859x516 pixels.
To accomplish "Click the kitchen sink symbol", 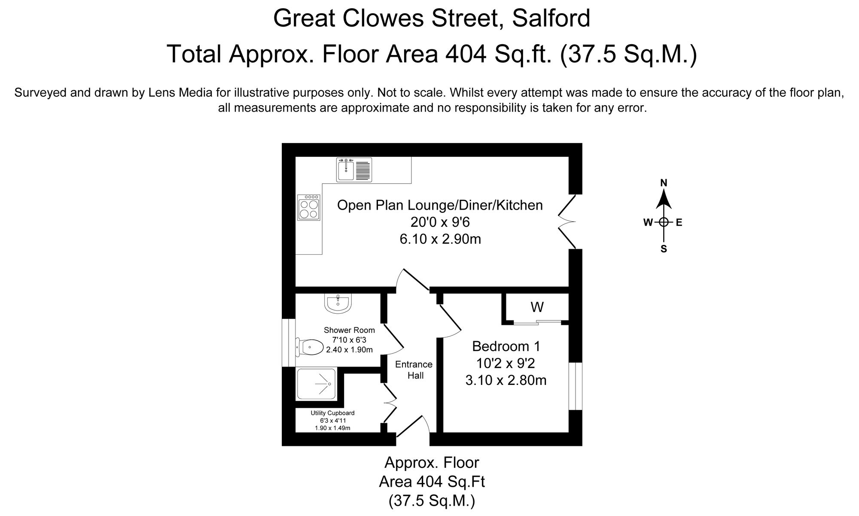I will point(354,170).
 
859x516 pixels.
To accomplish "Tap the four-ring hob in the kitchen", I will point(308,208).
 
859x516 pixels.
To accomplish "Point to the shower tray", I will point(317,384).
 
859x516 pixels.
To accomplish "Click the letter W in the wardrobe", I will point(537,307).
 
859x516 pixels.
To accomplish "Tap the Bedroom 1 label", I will point(506,346).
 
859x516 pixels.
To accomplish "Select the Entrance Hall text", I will point(414,370).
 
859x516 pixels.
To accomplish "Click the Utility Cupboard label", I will point(332,413).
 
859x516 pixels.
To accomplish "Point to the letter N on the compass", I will point(664,183).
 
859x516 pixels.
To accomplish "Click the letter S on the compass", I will point(664,249).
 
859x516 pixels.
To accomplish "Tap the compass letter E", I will point(679,223).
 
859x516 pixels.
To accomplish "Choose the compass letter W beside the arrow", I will point(648,223).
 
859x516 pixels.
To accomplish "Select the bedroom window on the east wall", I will point(575,386).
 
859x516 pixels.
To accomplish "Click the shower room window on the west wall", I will point(289,342).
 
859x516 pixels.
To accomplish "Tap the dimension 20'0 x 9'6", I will point(440,222).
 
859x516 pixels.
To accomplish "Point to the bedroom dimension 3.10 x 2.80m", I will point(506,380).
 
